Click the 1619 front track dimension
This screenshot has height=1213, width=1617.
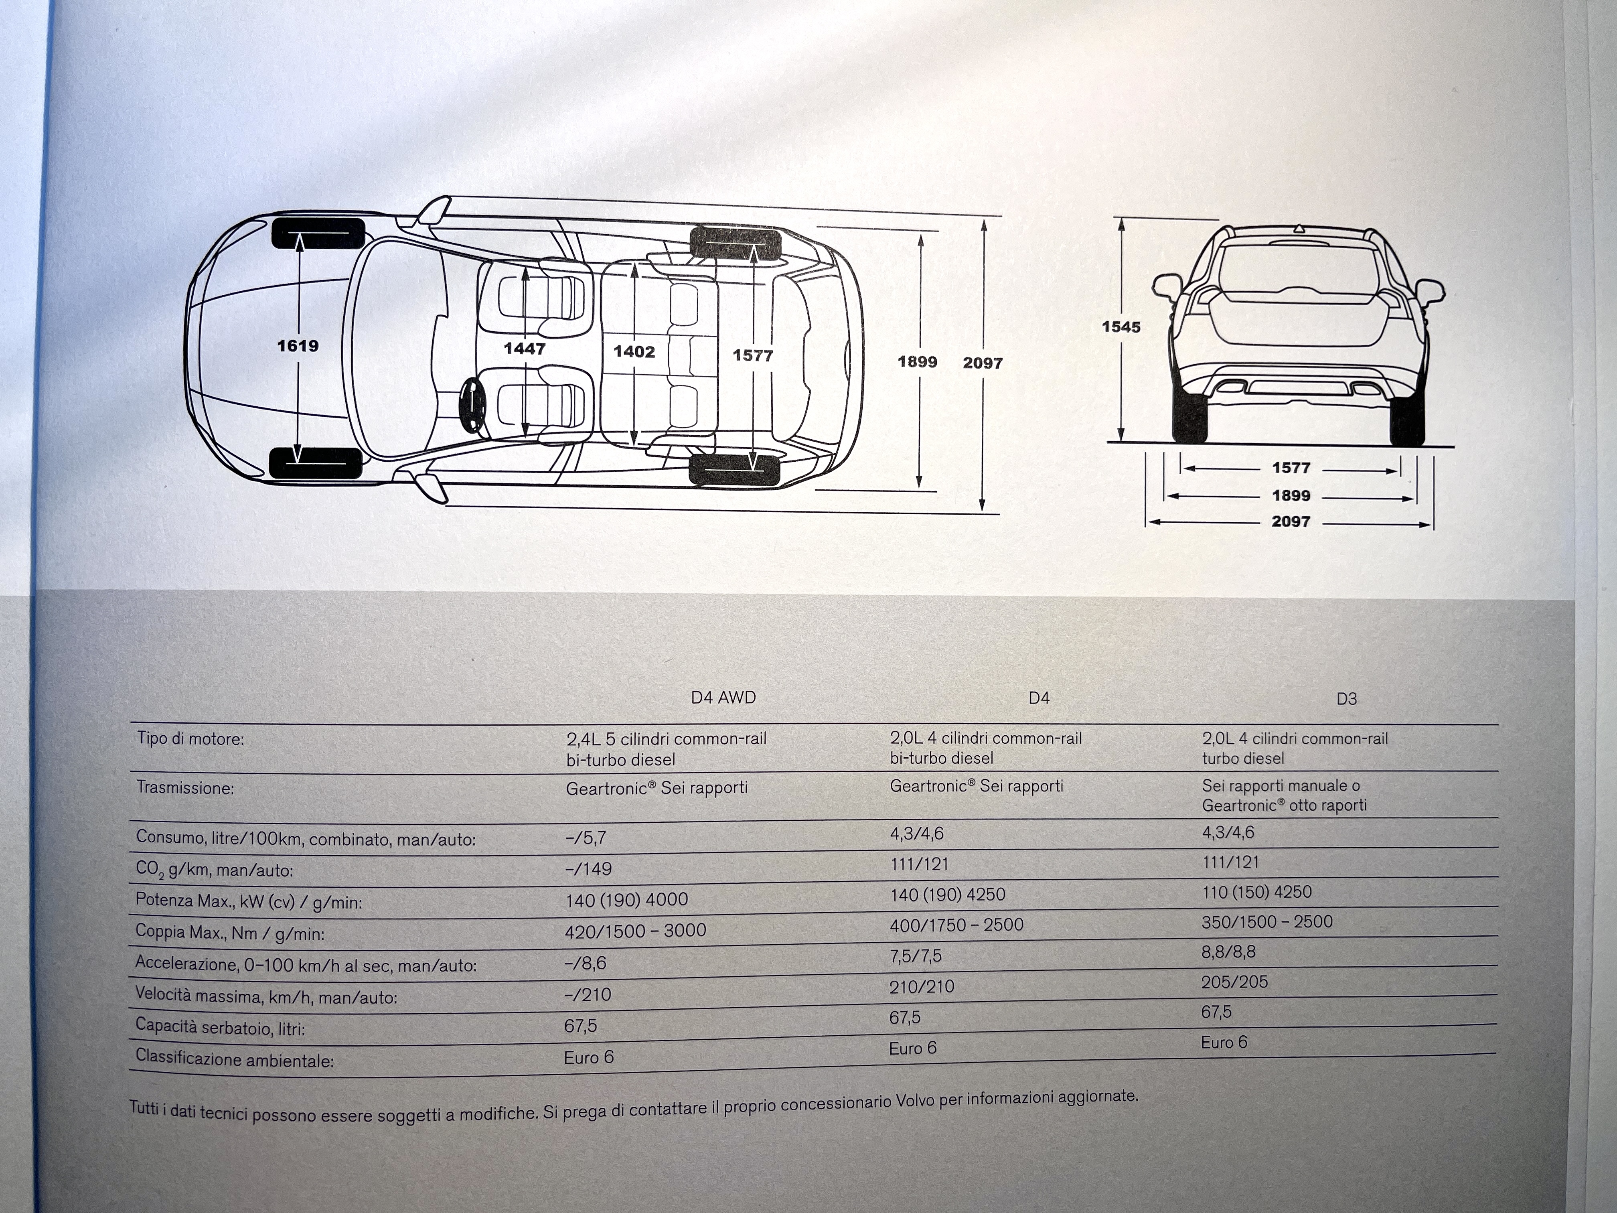(x=298, y=346)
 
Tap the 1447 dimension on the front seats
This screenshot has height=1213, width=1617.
(x=524, y=349)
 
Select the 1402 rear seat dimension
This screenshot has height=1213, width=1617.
(x=634, y=352)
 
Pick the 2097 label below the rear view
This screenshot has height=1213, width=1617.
(x=1291, y=521)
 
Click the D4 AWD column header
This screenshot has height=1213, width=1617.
(x=723, y=698)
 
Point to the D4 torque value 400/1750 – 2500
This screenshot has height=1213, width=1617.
(x=956, y=925)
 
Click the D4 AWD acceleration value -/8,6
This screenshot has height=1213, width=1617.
(x=586, y=963)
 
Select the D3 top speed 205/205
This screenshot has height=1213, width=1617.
(x=1234, y=982)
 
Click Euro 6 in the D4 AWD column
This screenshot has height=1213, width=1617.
(x=588, y=1057)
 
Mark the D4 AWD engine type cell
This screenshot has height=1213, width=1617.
(x=666, y=749)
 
